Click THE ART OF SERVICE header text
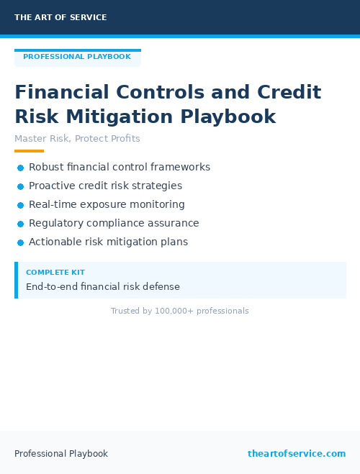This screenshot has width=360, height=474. tap(60, 17)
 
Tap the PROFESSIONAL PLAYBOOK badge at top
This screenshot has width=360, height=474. tap(77, 57)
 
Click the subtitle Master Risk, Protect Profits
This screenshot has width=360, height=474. tap(77, 139)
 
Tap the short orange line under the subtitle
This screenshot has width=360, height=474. tap(29, 151)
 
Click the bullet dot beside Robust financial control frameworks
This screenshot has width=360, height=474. tap(20, 168)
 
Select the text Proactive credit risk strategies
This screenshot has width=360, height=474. tap(105, 186)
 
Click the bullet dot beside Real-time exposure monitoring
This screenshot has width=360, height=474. tap(20, 205)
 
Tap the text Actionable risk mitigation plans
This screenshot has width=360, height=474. tap(108, 242)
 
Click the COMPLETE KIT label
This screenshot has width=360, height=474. tap(55, 273)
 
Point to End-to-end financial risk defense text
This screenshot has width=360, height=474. tap(103, 287)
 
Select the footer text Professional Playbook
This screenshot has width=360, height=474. tap(61, 454)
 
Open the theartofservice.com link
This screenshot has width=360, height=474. tap(297, 454)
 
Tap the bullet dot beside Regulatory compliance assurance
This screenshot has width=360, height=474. tap(20, 224)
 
